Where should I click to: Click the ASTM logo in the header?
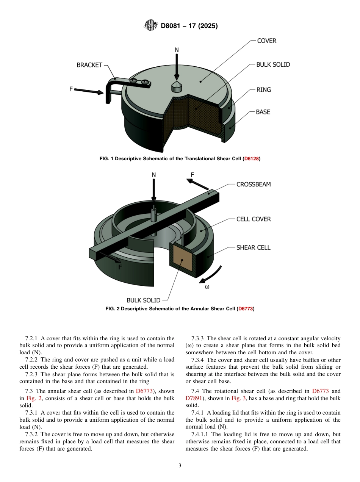click(x=150, y=26)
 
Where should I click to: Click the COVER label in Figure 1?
click(x=267, y=41)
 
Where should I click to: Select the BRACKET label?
click(x=89, y=65)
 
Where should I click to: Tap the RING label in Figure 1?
click(x=263, y=90)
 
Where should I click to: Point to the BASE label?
click(x=263, y=112)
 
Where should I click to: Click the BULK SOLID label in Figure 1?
click(x=273, y=64)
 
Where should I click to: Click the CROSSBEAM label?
click(x=254, y=185)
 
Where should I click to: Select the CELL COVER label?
click(x=254, y=219)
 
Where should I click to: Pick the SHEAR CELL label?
click(x=254, y=247)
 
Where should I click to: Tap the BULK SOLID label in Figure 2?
click(x=143, y=300)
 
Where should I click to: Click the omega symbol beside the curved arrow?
click(x=207, y=287)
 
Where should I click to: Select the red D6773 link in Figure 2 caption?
click(x=246, y=309)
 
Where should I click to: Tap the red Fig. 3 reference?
click(x=238, y=398)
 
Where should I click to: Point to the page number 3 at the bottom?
click(x=180, y=466)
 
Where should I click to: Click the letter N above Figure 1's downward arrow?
click(x=177, y=50)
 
